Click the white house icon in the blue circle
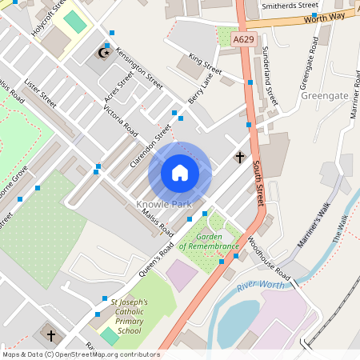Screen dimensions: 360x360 (x=180, y=173)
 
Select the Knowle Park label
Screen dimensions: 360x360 (x=164, y=205)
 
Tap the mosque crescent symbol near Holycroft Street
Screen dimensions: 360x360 (x=102, y=54)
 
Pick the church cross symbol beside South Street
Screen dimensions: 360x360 (x=238, y=157)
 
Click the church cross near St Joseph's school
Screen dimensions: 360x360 (x=52, y=335)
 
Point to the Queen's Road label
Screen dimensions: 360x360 (x=156, y=259)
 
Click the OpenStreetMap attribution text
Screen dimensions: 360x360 (x=80, y=354)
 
